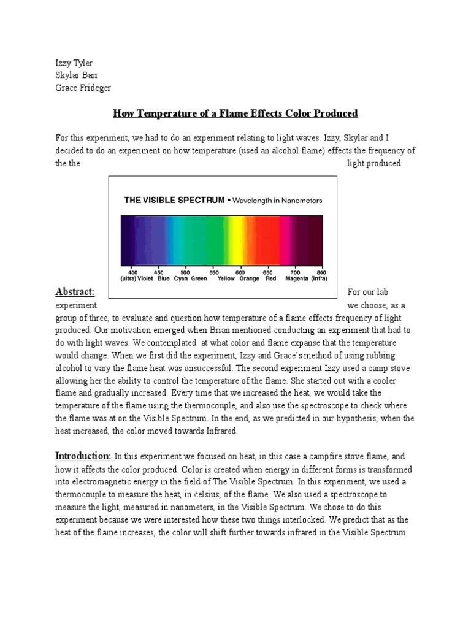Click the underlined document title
tap(235, 114)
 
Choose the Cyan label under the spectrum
tap(180, 278)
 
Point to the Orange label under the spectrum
tap(249, 278)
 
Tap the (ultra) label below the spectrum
tap(128, 278)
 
